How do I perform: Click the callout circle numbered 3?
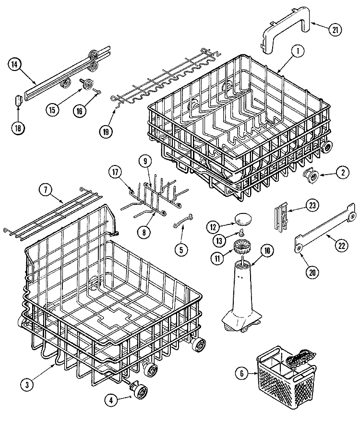click(28, 383)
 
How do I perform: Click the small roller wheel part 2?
click(309, 177)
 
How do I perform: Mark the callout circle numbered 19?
click(105, 130)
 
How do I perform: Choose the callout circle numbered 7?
click(46, 190)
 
